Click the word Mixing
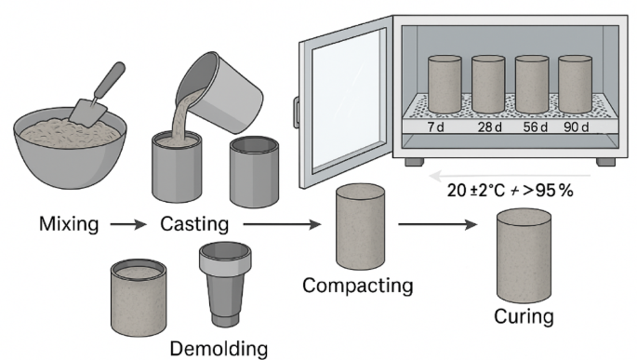point(69,224)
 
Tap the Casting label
point(194,224)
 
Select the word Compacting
point(357,286)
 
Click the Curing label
point(524,316)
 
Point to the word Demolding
point(219,348)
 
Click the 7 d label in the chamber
point(435,127)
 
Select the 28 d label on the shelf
point(489,127)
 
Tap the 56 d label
point(535,127)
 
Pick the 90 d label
point(576,127)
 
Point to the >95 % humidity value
point(548,190)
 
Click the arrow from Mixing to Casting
point(128,224)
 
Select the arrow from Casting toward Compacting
point(282,224)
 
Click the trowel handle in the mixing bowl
point(111,78)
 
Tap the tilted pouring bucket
point(219,92)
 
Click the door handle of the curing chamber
point(296,113)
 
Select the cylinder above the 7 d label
point(445,84)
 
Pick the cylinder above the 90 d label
point(575,84)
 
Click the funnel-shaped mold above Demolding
point(225,285)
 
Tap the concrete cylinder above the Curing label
point(524,256)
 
